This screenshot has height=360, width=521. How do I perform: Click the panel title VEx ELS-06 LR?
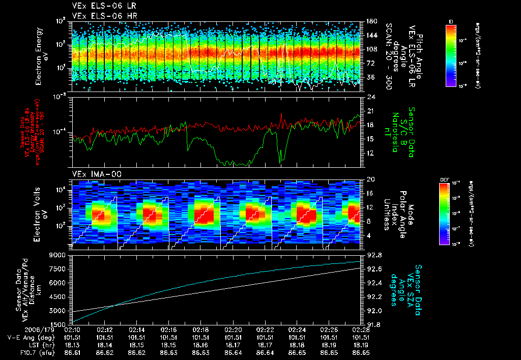[x=98, y=6]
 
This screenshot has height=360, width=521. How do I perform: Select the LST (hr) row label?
[x=27, y=344]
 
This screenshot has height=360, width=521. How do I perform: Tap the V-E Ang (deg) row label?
[x=24, y=337]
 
